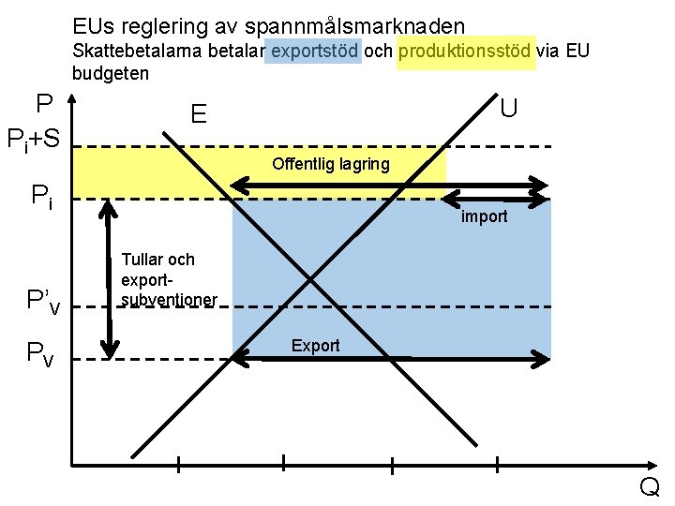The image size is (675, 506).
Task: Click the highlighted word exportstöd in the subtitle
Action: coord(314,51)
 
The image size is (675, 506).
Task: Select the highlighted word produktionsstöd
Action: coord(466,51)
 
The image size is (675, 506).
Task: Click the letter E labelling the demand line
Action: coord(198,114)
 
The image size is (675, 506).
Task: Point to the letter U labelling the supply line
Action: coord(509,107)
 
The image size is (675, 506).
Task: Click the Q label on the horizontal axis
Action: coord(649,487)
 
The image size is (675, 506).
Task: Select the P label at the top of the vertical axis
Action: coord(43,104)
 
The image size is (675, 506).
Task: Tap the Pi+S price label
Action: coord(34,141)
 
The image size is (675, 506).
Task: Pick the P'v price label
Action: coord(43,301)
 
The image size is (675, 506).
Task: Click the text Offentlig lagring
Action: coord(330,165)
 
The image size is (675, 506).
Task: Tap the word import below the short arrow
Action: coord(484,216)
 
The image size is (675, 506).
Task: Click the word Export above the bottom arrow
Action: coord(315,346)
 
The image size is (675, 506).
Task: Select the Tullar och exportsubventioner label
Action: coord(169,279)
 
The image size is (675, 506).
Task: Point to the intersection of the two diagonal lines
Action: coord(311,279)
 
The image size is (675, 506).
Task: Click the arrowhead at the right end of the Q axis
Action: coord(653,465)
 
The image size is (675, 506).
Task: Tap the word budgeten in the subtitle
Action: coord(111,72)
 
